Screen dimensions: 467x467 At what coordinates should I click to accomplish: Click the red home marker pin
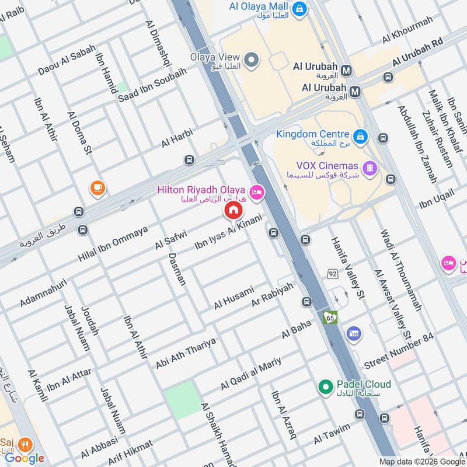pos(233,210)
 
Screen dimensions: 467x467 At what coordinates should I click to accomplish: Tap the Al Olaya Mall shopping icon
pos(299,9)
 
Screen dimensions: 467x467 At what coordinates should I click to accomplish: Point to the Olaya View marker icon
pos(251,60)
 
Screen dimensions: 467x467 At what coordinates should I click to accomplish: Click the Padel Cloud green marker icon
pos(325,386)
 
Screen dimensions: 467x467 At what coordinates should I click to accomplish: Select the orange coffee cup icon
pos(97,188)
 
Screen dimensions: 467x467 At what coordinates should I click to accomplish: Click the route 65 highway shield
pos(330,317)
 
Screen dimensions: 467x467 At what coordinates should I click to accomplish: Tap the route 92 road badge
pos(333,273)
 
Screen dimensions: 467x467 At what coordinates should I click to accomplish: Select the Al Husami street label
pos(233,298)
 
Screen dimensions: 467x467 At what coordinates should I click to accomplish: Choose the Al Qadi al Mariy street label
pos(251,374)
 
